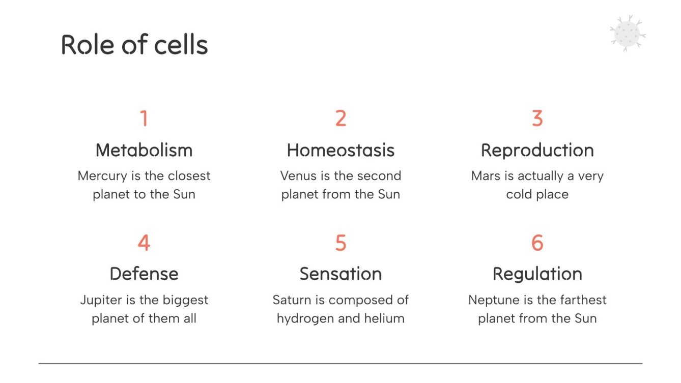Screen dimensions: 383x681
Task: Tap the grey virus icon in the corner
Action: [x=627, y=33]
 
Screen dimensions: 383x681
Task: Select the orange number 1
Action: [x=144, y=118]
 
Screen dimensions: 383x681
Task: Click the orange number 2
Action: [x=340, y=118]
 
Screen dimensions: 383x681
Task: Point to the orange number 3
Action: [x=537, y=118]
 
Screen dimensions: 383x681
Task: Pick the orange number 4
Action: [x=144, y=243]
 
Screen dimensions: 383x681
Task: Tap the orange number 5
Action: [x=340, y=243]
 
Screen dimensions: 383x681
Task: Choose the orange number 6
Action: [x=537, y=243]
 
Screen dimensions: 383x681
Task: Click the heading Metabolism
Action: [x=144, y=150]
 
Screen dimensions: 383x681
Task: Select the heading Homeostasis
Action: [x=340, y=150]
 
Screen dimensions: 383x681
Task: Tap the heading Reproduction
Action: [x=537, y=150]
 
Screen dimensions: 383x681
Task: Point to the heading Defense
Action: [x=144, y=274]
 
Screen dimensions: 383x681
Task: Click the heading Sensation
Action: [x=340, y=274]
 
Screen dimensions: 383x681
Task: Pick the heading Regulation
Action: [x=537, y=274]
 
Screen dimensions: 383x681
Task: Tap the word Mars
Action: [x=483, y=176]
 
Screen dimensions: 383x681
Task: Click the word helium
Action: [x=387, y=319]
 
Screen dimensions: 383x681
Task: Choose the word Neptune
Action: [x=492, y=300]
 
